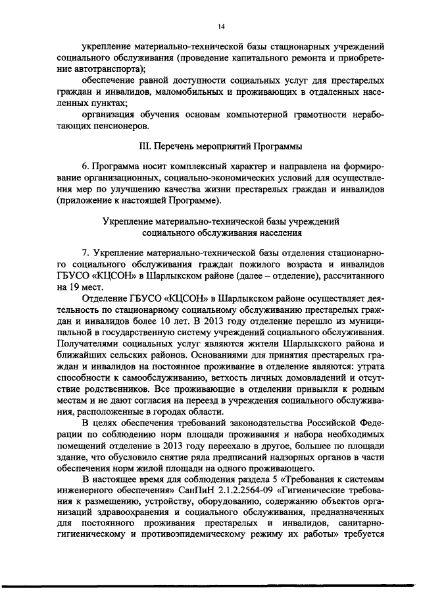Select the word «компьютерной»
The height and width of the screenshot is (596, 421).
(246, 115)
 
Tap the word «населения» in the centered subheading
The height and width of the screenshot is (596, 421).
(276, 232)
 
